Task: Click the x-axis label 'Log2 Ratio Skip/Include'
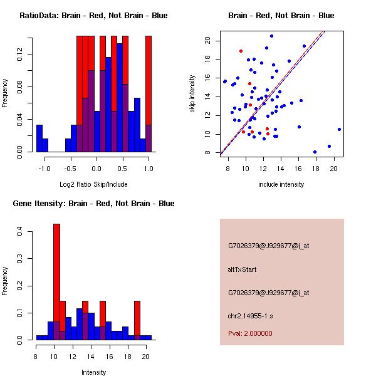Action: tap(93, 184)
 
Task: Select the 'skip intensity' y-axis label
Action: tap(194, 94)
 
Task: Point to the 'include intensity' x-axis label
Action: tap(281, 184)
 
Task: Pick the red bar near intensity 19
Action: tap(137, 320)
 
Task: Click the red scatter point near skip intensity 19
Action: tap(241, 51)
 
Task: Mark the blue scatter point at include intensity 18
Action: tap(315, 152)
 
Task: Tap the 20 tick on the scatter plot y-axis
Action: tap(207, 41)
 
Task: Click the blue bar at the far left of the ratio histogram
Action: tap(39, 138)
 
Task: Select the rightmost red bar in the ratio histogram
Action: tap(149, 94)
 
